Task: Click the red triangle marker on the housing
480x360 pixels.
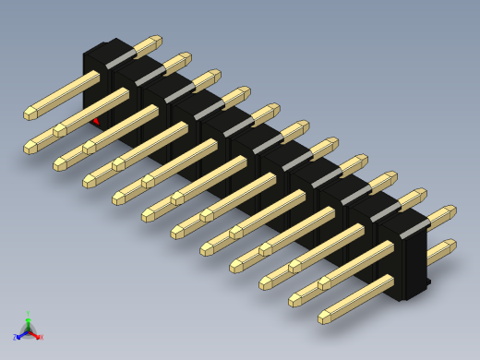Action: pyautogui.click(x=96, y=121)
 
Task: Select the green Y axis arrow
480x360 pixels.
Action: pyautogui.click(x=28, y=318)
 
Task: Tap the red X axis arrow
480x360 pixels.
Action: pyautogui.click(x=38, y=336)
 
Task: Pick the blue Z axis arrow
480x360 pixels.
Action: pyautogui.click(x=18, y=337)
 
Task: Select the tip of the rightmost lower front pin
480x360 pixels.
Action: pyautogui.click(x=325, y=317)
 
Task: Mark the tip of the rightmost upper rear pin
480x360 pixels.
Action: pyautogui.click(x=450, y=211)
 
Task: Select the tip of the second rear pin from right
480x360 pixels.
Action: pyautogui.click(x=420, y=195)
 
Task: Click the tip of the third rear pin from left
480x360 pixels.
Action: pyautogui.click(x=214, y=75)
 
